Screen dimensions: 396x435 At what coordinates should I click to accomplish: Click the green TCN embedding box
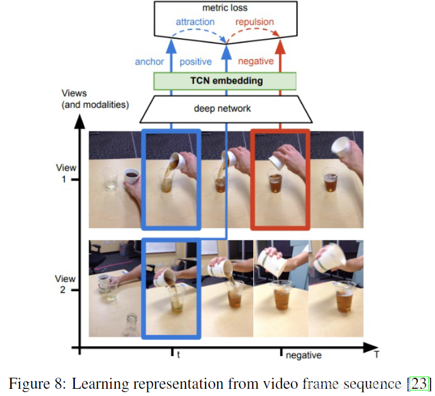[225, 81]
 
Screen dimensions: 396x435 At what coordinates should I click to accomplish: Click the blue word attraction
[195, 22]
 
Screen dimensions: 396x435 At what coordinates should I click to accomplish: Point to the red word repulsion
[255, 22]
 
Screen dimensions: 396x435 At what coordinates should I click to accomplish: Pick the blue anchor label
[150, 61]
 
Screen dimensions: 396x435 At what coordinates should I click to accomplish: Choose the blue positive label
[196, 61]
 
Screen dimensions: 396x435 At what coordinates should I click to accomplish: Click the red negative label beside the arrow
[255, 61]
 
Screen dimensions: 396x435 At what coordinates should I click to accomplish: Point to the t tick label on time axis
[178, 355]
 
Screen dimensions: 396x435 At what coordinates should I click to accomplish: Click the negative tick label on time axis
[303, 355]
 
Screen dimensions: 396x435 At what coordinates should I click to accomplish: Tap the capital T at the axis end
[377, 355]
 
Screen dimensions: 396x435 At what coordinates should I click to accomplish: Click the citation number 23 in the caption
[418, 383]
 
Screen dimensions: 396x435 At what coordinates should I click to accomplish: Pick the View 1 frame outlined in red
[280, 179]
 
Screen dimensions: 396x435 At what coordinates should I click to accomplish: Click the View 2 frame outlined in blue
[171, 288]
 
